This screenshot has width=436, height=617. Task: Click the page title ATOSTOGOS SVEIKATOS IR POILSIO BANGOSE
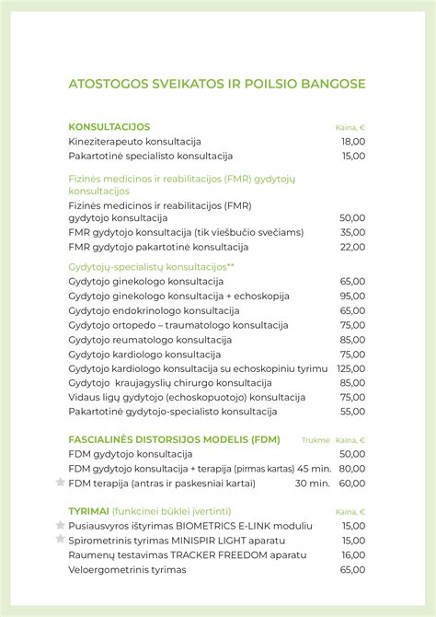[217, 84]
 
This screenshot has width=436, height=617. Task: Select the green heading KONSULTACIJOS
[109, 126]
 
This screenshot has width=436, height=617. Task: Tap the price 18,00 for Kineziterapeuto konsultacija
[353, 141]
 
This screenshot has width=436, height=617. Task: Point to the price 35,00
[352, 232]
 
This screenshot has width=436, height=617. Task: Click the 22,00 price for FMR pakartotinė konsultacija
[352, 247]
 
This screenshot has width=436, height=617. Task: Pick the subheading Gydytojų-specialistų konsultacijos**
[152, 266]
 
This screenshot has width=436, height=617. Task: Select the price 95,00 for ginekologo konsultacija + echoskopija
[352, 296]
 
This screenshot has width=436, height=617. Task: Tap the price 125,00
[350, 368]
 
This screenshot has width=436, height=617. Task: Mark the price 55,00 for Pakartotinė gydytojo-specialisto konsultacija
[352, 412]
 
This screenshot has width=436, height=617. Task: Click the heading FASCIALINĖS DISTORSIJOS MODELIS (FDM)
[174, 439]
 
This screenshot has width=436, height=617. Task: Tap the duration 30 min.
[313, 483]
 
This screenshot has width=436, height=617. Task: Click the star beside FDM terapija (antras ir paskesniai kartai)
[61, 482]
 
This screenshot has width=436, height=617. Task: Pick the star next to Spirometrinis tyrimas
[61, 540]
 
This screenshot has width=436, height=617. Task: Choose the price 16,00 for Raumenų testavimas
[352, 554]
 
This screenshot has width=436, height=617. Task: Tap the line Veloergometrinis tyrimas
[127, 569]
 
